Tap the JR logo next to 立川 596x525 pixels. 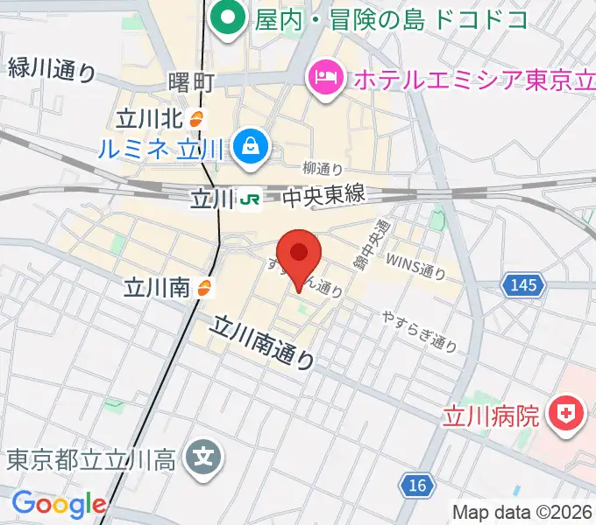pyautogui.click(x=250, y=199)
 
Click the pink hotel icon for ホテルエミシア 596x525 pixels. pyautogui.click(x=325, y=80)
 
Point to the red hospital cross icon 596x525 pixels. pyautogui.click(x=567, y=414)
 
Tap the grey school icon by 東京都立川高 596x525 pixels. pyautogui.click(x=205, y=458)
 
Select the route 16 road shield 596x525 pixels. pyautogui.click(x=418, y=483)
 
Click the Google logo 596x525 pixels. pyautogui.click(x=59, y=504)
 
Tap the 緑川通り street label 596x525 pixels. pyautogui.click(x=51, y=68)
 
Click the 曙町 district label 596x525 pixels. pyautogui.click(x=190, y=83)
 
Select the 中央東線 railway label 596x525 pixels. pyautogui.click(x=323, y=198)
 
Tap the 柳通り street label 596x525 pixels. pyautogui.click(x=322, y=168)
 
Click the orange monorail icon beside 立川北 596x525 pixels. pyautogui.click(x=201, y=118)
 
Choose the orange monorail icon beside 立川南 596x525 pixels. pyautogui.click(x=206, y=286)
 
